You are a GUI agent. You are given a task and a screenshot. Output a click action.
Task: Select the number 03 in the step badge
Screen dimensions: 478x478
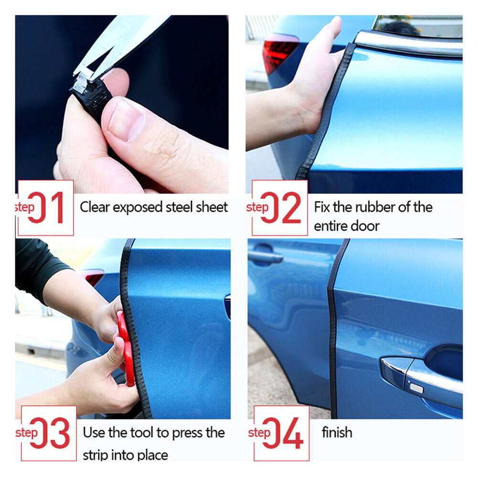pyautogui.click(x=50, y=434)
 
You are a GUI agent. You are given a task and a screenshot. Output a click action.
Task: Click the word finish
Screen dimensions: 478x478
pyautogui.click(x=337, y=433)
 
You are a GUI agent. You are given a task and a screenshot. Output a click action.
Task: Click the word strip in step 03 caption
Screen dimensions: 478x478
pyautogui.click(x=95, y=455)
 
